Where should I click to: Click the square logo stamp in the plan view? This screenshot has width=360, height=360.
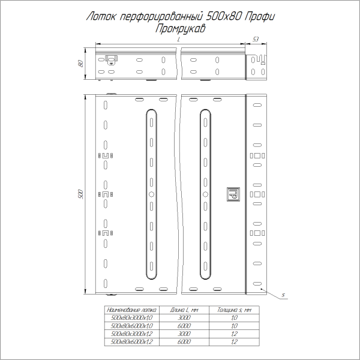(232, 194)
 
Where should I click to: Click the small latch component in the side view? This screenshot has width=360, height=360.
(111, 59)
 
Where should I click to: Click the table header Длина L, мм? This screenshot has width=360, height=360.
(184, 310)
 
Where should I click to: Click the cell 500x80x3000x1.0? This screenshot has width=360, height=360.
(129, 317)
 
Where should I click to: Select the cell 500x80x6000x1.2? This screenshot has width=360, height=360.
(129, 341)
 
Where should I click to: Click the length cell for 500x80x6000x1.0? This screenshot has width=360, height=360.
(184, 325)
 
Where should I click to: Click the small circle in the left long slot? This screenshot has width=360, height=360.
(151, 195)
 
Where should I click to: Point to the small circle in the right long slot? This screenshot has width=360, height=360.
(206, 195)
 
